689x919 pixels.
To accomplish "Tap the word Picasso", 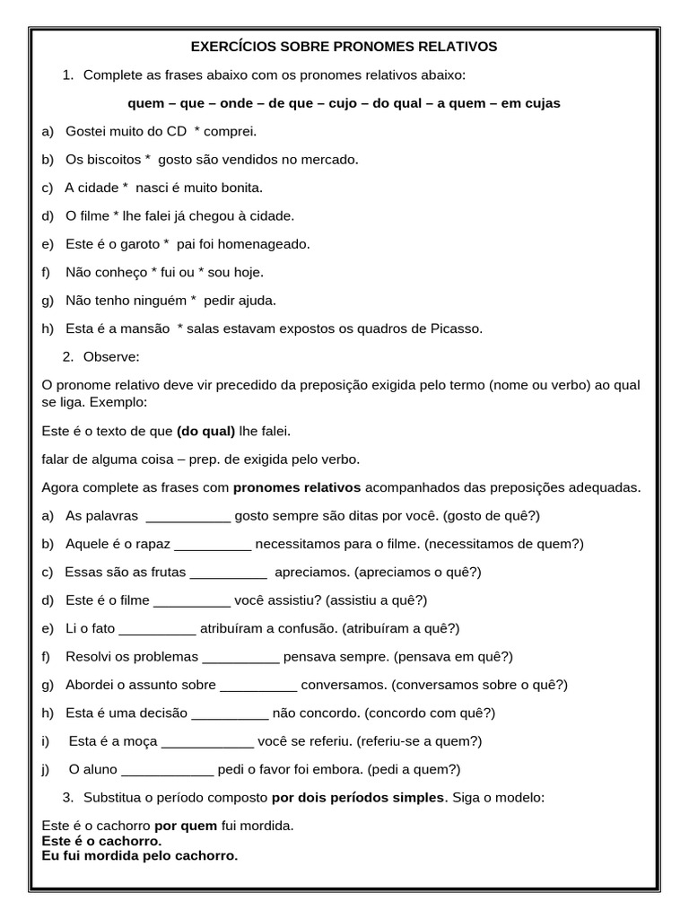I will pyautogui.click(x=458, y=328).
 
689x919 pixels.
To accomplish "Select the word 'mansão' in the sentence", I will pyautogui.click(x=141, y=328).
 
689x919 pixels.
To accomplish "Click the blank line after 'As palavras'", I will pyautogui.click(x=188, y=516).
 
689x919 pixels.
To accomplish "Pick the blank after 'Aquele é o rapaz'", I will pyautogui.click(x=213, y=544).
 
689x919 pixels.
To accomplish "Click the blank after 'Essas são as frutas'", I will pyautogui.click(x=229, y=573).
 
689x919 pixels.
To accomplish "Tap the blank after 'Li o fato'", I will pyautogui.click(x=157, y=628).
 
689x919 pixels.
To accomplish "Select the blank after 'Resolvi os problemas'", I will pyautogui.click(x=240, y=657).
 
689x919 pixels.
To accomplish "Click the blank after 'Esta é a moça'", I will pyautogui.click(x=207, y=741).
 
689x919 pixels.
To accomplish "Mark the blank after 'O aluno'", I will pyautogui.click(x=167, y=769).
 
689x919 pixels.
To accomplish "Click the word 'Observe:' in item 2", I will pyautogui.click(x=111, y=357).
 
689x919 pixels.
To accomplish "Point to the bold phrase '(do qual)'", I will pyautogui.click(x=205, y=432).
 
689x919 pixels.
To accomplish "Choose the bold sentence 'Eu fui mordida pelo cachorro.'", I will pyautogui.click(x=140, y=856).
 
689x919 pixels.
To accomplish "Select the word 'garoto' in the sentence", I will pyautogui.click(x=139, y=244).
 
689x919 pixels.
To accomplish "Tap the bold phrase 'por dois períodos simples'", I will pyautogui.click(x=358, y=798).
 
